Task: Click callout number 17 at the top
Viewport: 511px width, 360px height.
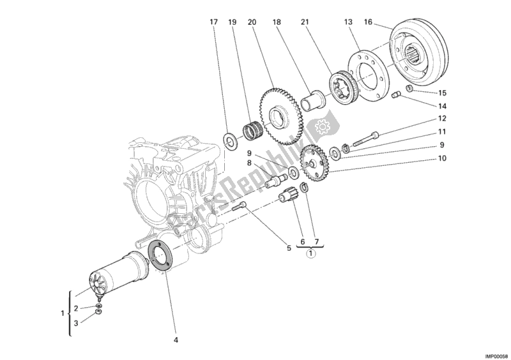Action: [214, 22]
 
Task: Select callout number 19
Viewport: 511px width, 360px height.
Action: [233, 22]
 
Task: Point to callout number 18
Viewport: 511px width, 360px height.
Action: [277, 22]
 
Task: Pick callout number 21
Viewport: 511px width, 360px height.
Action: [305, 22]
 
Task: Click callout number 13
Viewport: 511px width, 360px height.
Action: [348, 22]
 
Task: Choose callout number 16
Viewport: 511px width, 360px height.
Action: [368, 22]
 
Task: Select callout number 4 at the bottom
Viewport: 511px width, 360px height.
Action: [176, 340]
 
